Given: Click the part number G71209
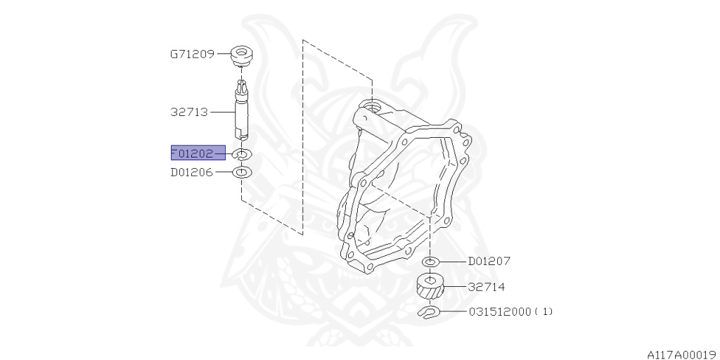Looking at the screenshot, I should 192,53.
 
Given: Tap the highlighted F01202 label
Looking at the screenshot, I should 198,153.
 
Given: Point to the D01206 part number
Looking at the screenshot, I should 192,172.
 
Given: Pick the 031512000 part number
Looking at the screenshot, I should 500,311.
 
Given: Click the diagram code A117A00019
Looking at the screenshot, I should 681,354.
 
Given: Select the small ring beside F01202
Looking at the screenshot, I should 242,155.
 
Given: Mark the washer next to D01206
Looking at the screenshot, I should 242,172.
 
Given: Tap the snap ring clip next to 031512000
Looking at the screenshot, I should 429,312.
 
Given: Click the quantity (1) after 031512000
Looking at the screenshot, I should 544,311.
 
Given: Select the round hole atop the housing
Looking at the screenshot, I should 371,108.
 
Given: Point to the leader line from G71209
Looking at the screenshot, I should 224,53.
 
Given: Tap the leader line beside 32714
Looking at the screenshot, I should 456,287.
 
